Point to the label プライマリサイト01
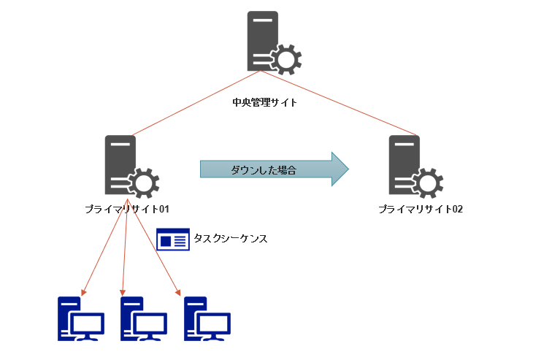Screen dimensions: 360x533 coord(127,210)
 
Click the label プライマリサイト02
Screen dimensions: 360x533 coord(421,210)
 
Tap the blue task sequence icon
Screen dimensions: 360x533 coord(172,240)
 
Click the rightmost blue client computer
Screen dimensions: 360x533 coord(207,319)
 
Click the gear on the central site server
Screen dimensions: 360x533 coord(285,58)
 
